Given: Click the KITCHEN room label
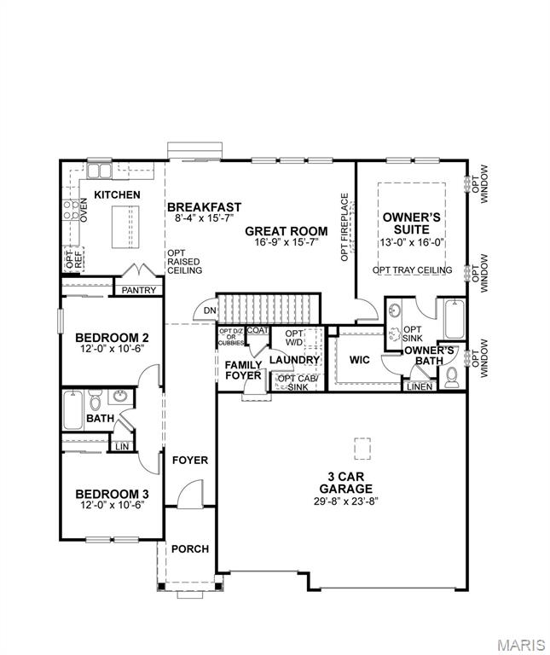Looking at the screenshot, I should (117, 195).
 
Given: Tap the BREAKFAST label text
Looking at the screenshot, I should (204, 207).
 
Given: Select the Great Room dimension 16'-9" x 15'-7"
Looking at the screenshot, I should (286, 243).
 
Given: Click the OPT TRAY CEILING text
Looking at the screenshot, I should (412, 270).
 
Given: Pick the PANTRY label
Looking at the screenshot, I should (138, 290).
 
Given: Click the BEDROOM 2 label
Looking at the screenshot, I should (112, 336).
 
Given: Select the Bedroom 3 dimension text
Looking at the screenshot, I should (112, 506).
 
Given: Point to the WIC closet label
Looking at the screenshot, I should (359, 360).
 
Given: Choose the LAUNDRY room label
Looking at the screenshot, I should (294, 360).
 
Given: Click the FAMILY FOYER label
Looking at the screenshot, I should (243, 370).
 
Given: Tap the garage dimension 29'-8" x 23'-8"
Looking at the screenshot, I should (345, 501).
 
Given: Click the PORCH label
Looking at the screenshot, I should (190, 548).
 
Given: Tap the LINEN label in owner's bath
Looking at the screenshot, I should (420, 386).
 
